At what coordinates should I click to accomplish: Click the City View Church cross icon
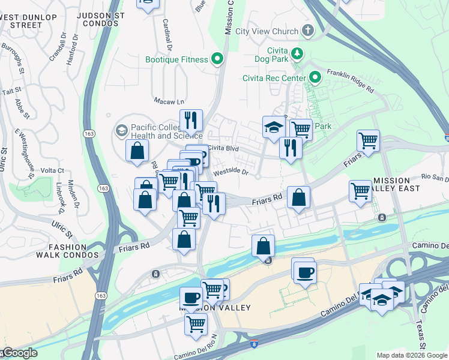pyautogui.click(x=307, y=31)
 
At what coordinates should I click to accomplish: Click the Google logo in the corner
pyautogui.click(x=19, y=353)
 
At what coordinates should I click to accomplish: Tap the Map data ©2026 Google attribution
pyautogui.click(x=412, y=355)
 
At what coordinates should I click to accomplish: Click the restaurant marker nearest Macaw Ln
pyautogui.click(x=191, y=121)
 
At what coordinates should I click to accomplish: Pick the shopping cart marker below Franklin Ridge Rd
pyautogui.click(x=368, y=141)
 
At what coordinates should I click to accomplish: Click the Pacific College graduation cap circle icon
pyautogui.click(x=121, y=130)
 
